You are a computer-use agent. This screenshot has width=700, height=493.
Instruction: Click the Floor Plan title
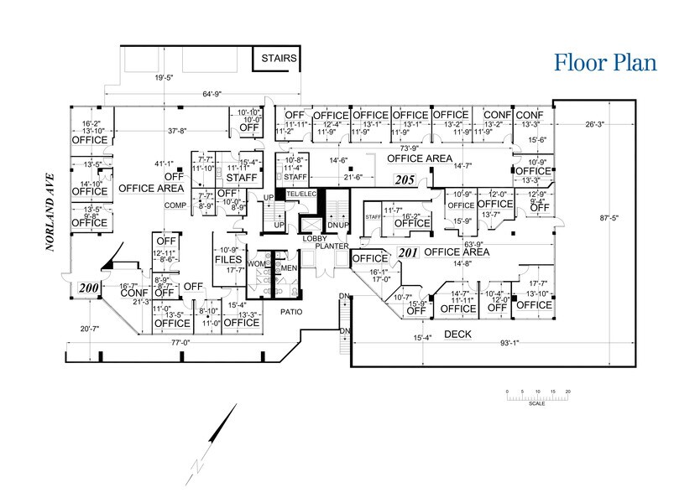603,62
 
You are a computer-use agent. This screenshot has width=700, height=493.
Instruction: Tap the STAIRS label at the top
276,59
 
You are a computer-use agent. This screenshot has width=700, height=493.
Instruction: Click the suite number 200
87,288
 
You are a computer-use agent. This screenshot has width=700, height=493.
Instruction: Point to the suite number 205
405,179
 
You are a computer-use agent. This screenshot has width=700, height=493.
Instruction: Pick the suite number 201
408,252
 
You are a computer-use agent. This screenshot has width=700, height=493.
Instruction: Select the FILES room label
228,260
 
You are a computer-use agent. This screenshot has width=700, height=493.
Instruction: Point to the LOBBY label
315,239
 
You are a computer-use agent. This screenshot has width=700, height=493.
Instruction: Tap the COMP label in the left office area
174,205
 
